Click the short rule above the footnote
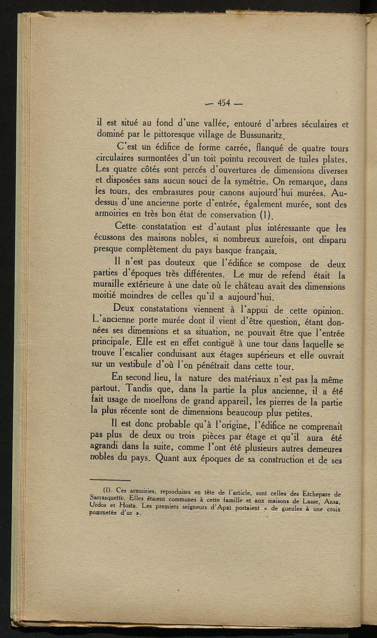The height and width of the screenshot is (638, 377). (110, 480)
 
